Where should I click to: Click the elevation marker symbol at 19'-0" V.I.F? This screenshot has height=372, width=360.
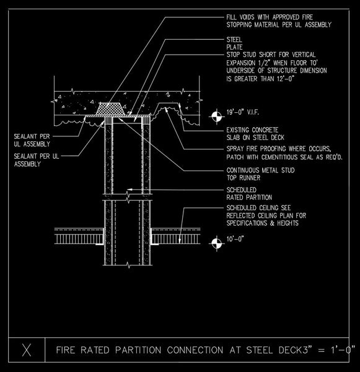click(216, 117)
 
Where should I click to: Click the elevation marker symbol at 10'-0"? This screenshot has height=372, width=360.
click(216, 243)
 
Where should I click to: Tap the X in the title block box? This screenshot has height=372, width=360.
click(27, 350)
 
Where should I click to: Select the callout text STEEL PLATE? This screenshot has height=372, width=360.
click(234, 43)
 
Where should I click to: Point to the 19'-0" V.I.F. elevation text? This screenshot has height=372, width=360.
click(243, 112)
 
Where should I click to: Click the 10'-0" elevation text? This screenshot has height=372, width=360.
click(235, 239)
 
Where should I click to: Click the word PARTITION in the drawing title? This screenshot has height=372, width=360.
click(138, 350)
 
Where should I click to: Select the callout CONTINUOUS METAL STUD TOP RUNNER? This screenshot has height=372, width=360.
click(260, 174)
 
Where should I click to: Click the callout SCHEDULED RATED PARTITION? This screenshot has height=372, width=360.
click(249, 193)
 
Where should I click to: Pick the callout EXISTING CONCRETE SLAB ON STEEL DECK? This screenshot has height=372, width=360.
click(255, 133)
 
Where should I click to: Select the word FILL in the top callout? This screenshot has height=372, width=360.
click(231, 17)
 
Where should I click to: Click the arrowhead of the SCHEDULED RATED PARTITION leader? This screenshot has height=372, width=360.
click(129, 190)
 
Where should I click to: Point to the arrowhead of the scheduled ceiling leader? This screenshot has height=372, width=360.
click(180, 241)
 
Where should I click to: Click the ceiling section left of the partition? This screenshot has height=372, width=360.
click(79, 236)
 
